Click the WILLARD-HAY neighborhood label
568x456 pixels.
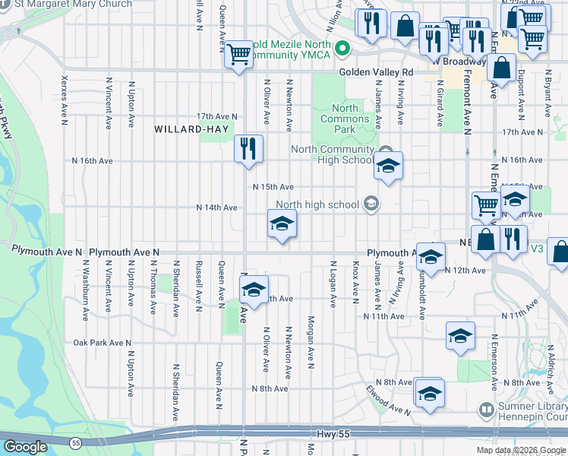pyautogui.click(x=186, y=129)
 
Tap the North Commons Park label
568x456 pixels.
pyautogui.click(x=345, y=119)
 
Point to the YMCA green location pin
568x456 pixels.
pyautogui.click(x=342, y=50)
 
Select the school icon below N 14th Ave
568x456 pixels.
pyautogui.click(x=281, y=224)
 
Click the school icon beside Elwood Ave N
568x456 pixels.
pyautogui.click(x=429, y=393)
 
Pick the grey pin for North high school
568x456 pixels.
pyautogui.click(x=371, y=204)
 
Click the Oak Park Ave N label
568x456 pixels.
pyautogui.click(x=103, y=343)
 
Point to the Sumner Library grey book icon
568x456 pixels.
pyautogui.click(x=487, y=410)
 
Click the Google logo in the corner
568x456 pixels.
pyautogui.click(x=25, y=446)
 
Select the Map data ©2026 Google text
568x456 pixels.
pyautogui.click(x=521, y=450)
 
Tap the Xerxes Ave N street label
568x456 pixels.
pyautogui.click(x=65, y=100)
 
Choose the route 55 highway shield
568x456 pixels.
pyautogui.click(x=75, y=442)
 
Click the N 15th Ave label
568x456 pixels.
pyautogui.click(x=273, y=187)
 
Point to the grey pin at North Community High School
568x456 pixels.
pyautogui.click(x=385, y=150)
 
